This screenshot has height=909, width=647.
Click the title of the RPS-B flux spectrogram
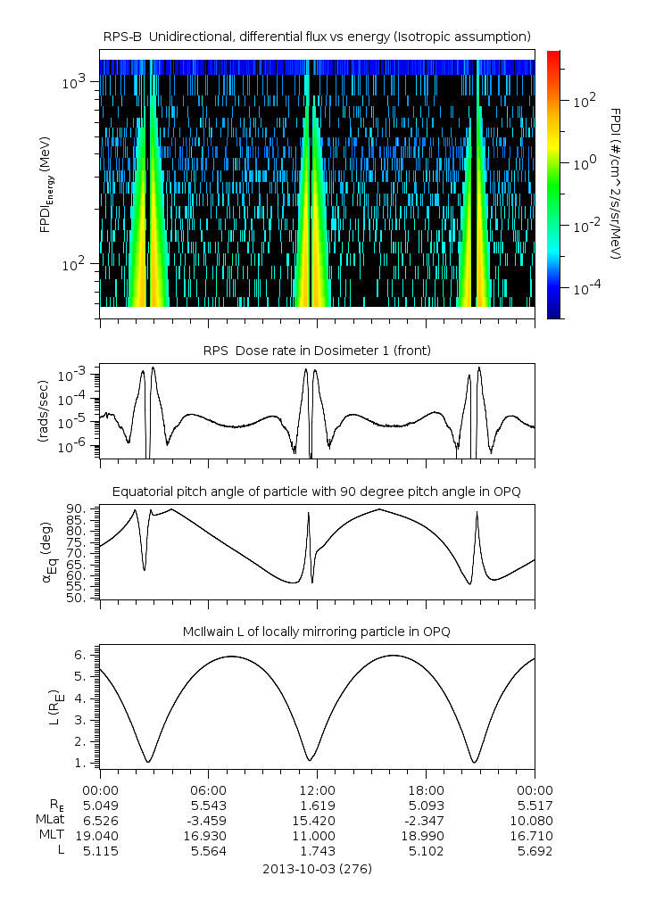(x=318, y=36)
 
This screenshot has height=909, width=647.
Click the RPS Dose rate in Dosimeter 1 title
(x=318, y=351)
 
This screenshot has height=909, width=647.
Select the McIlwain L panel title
(x=318, y=632)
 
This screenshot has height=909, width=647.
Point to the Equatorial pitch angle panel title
(x=318, y=492)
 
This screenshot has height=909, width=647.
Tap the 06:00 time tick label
(x=208, y=789)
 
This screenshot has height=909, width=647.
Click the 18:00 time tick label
(x=426, y=789)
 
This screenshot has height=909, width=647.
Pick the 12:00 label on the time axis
(x=317, y=789)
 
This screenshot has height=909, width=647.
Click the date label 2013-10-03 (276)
(x=318, y=868)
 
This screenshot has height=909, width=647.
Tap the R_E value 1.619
(x=317, y=805)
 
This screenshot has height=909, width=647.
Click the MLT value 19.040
(x=99, y=836)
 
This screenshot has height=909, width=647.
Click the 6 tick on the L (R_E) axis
(x=80, y=655)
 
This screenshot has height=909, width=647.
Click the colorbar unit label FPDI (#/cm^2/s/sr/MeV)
(x=616, y=183)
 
